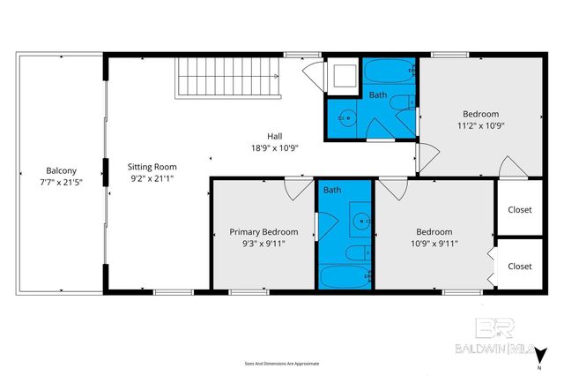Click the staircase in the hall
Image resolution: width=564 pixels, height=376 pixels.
(227, 78)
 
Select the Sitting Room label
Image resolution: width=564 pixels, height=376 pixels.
(152, 166)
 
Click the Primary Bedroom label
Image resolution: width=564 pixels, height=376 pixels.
(263, 232)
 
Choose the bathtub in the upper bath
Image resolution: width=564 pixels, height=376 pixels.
(389, 71)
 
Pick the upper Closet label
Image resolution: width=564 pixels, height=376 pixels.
(520, 210)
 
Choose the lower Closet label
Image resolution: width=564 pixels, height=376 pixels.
(520, 266)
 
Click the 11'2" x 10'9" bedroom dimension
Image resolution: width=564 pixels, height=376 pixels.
(481, 125)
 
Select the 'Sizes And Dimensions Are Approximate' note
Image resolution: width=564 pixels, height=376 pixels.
(282, 363)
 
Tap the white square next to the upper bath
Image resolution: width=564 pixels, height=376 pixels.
(342, 75)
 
